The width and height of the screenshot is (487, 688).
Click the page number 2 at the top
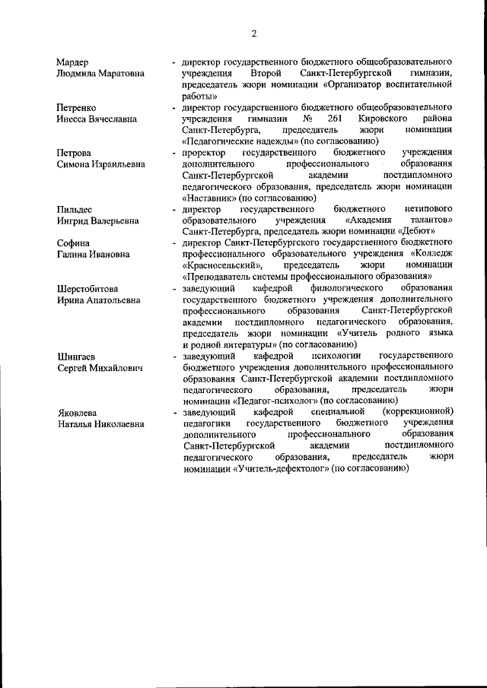coord(255,33)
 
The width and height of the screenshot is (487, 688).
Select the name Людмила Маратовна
coord(100,74)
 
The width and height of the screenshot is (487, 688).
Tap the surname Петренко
coord(80,108)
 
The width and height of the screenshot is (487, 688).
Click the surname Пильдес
coord(78,209)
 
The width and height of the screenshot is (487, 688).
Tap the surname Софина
coord(74,243)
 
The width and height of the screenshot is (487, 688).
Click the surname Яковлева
coord(79,413)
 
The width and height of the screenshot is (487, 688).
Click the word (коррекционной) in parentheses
coord(418,412)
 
